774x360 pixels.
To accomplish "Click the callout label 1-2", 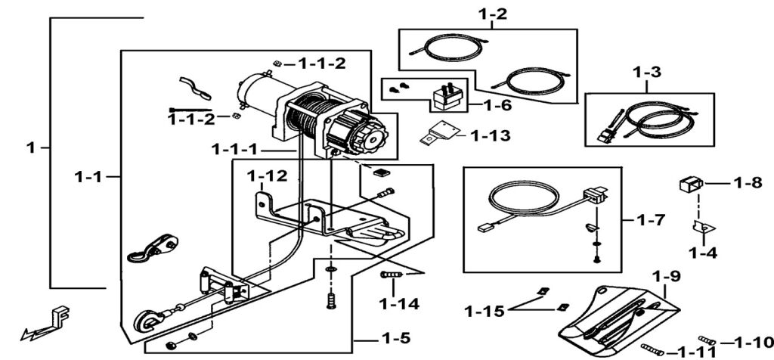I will coord(492,14).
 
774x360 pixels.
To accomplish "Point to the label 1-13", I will coord(490,136).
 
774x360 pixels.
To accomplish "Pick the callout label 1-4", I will coord(703,253).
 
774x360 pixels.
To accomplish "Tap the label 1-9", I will coord(667,277).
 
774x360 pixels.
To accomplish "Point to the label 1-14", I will coord(398,305).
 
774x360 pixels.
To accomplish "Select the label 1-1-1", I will coord(234,148).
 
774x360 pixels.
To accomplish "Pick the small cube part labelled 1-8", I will coord(691,183).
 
